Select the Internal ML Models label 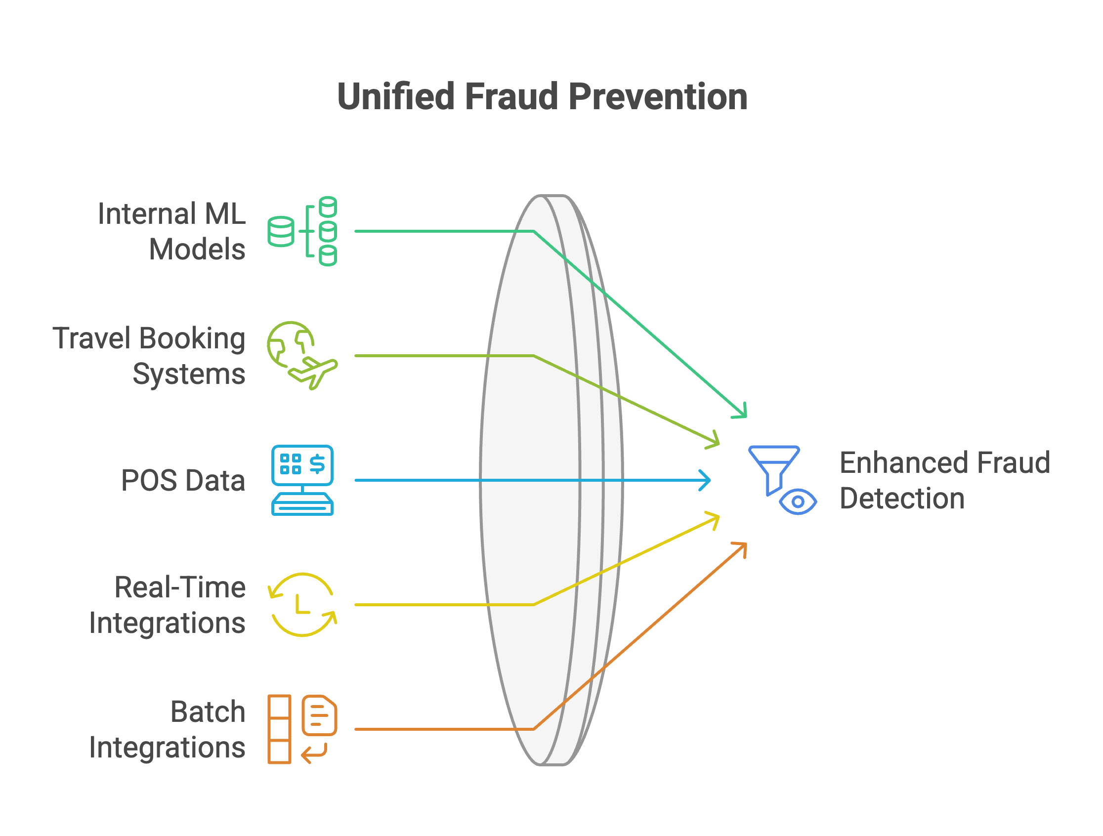[x=172, y=231]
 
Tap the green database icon [x=302, y=231]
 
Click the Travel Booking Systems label [x=149, y=356]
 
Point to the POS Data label [x=183, y=481]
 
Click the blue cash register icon [x=302, y=480]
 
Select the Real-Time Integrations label [x=168, y=605]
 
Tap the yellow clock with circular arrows [x=302, y=605]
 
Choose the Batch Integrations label [x=168, y=730]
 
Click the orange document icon [x=319, y=715]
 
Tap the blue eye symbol [x=798, y=502]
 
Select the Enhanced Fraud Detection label [x=945, y=481]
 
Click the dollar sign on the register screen [x=317, y=463]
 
